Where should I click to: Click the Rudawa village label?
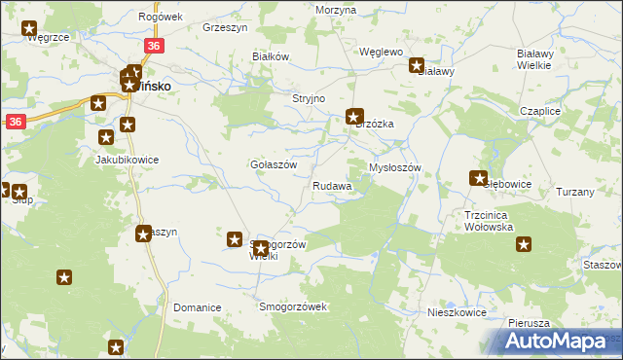(332, 186)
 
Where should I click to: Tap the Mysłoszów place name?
(394, 167)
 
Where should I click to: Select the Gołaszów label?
(273, 164)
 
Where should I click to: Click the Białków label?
(272, 56)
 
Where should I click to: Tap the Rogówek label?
(161, 17)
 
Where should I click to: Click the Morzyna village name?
(336, 9)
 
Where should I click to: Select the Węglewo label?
(381, 52)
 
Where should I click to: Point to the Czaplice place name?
(540, 112)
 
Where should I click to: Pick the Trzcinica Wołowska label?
(489, 221)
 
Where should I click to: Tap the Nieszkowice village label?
(457, 313)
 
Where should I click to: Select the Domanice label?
(198, 307)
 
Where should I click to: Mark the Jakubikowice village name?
(127, 160)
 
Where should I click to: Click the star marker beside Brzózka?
(355, 117)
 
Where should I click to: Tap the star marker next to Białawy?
(417, 67)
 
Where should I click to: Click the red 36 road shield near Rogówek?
(154, 46)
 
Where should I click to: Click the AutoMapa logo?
(555, 342)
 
